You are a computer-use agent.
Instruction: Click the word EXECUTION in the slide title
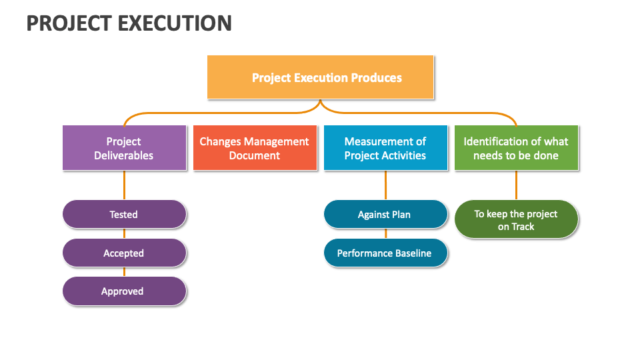coord(175,23)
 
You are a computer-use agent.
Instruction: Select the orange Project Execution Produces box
coord(321,77)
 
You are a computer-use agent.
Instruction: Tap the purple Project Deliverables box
coord(124,148)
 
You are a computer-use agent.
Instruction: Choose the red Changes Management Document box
coord(255,148)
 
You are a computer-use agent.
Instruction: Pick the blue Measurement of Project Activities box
coord(385,148)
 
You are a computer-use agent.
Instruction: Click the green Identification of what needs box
coord(516,148)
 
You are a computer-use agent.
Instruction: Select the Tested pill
coord(124,215)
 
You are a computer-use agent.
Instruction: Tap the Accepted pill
coord(124,253)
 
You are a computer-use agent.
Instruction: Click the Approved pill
coord(124,291)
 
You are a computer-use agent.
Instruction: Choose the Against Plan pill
coord(385,215)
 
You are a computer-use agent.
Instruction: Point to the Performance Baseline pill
coord(385,253)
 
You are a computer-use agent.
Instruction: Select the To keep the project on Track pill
coord(516,220)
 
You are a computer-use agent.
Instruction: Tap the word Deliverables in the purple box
coord(124,156)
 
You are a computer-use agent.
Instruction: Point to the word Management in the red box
coord(277,141)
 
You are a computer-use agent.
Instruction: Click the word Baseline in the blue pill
coord(411,253)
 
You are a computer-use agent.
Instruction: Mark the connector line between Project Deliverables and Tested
coord(124,185)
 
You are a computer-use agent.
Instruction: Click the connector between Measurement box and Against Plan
coord(385,185)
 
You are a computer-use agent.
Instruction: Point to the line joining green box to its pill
coord(516,185)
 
